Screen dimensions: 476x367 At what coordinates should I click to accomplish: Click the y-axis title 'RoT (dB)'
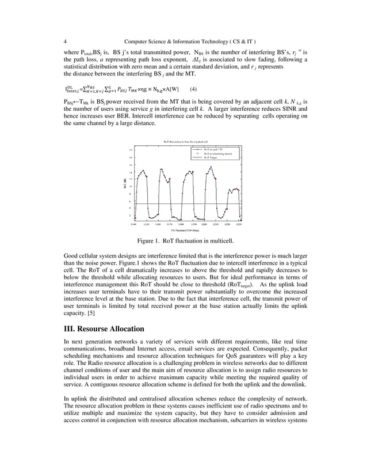pyautogui.click(x=124, y=184)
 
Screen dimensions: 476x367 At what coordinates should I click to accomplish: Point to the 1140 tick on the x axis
pyautogui.click(x=133, y=223)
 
